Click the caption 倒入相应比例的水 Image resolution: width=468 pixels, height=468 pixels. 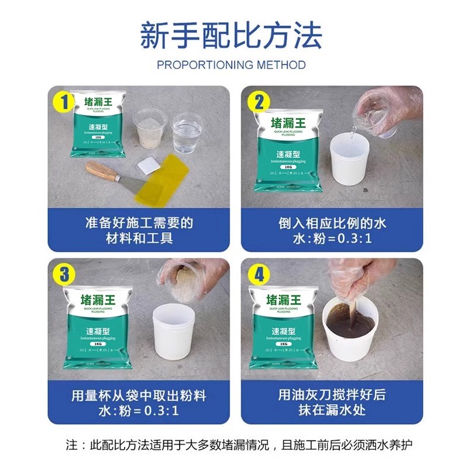(332, 223)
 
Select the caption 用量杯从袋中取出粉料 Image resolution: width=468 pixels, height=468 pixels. (135, 395)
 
